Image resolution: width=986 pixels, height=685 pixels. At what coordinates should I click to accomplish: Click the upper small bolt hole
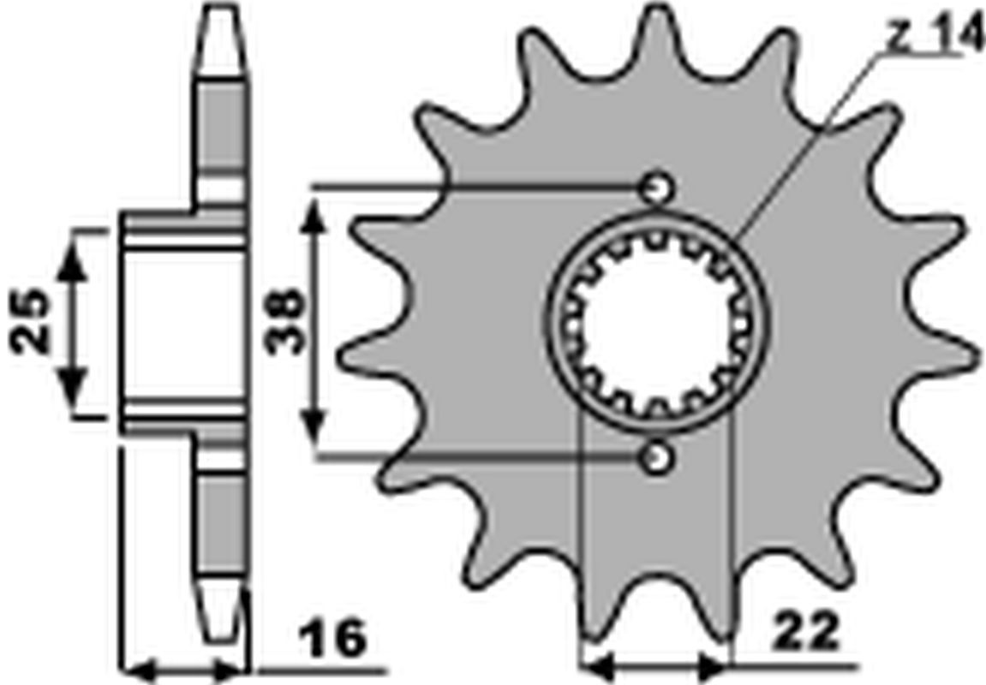tap(656, 188)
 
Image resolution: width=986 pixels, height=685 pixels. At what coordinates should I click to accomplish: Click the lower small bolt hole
tap(656, 459)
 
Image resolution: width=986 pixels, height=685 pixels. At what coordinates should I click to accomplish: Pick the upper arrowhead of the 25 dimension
tap(74, 258)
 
